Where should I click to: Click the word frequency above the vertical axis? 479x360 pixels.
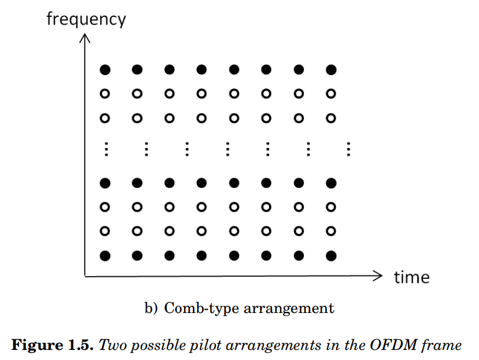(x=86, y=20)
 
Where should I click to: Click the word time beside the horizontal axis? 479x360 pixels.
(x=411, y=277)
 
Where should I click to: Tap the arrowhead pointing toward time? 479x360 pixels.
(x=378, y=275)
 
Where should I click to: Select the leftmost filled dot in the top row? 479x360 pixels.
(x=105, y=70)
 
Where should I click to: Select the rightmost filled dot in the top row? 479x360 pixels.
(x=331, y=70)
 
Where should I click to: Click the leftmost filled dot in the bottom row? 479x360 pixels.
(x=105, y=256)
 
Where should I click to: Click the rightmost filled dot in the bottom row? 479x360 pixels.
(x=331, y=256)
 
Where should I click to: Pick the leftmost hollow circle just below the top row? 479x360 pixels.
(x=105, y=93)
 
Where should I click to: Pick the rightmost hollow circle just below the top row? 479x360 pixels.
(x=331, y=93)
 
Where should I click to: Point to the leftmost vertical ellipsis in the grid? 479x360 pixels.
(x=106, y=149)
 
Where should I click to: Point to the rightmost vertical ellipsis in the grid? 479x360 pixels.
(x=349, y=149)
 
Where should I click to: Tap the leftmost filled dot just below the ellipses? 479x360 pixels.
(x=105, y=183)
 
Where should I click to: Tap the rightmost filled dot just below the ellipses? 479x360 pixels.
(x=331, y=183)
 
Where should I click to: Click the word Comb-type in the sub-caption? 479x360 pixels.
(x=194, y=308)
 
